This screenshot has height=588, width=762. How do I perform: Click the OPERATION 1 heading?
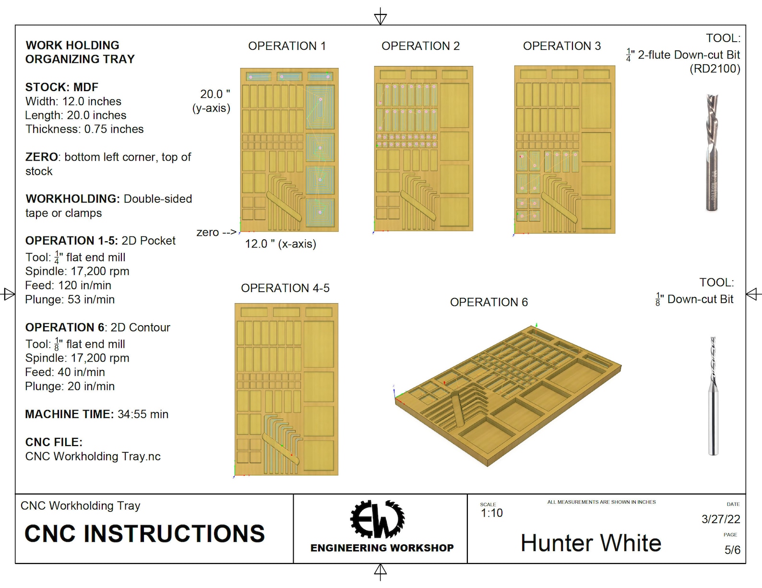pyautogui.click(x=287, y=46)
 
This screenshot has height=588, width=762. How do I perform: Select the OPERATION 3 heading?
pyautogui.click(x=561, y=46)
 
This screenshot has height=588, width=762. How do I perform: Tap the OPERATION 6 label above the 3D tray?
pyautogui.click(x=488, y=302)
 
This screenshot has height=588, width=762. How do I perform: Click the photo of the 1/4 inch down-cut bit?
pyautogui.click(x=712, y=152)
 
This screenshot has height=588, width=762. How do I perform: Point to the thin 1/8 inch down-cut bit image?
pyautogui.click(x=713, y=396)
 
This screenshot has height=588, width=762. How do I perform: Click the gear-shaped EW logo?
pyautogui.click(x=378, y=519)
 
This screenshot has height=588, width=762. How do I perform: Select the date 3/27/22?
pyautogui.click(x=721, y=519)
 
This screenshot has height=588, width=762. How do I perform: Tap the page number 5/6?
pyautogui.click(x=732, y=550)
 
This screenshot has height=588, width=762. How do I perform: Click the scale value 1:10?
pyautogui.click(x=492, y=513)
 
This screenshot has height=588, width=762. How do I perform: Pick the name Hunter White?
pyautogui.click(x=591, y=543)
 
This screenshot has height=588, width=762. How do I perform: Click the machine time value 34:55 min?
pyautogui.click(x=143, y=414)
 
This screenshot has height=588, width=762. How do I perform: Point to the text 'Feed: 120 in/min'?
pyautogui.click(x=68, y=285)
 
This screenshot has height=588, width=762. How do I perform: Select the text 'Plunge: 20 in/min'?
pyautogui.click(x=70, y=387)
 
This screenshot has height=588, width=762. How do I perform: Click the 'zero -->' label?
pyautogui.click(x=216, y=233)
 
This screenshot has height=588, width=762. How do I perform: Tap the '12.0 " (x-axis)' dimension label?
pyautogui.click(x=281, y=244)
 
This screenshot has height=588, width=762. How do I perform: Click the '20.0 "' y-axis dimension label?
pyautogui.click(x=215, y=94)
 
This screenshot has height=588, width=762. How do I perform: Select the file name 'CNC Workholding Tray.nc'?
pyautogui.click(x=93, y=457)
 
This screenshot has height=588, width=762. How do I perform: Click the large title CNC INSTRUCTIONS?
pyautogui.click(x=144, y=534)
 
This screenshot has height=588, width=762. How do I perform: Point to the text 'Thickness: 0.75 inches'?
pyautogui.click(x=84, y=129)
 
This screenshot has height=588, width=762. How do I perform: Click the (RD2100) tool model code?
pyautogui.click(x=715, y=69)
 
